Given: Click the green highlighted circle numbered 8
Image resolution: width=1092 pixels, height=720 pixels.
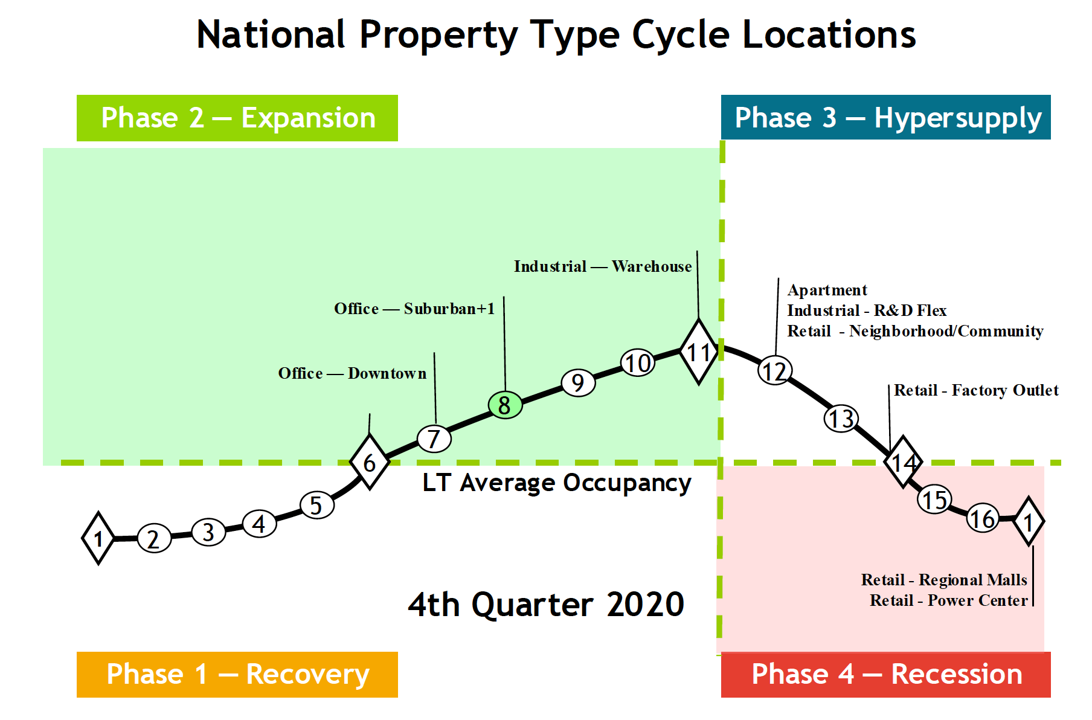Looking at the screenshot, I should tap(505, 405).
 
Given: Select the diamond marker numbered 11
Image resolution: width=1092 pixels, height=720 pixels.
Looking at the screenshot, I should tap(699, 352).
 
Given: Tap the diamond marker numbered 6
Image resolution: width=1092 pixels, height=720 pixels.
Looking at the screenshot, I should tap(370, 462).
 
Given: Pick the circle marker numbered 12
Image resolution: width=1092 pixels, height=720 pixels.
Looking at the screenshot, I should tap(775, 370).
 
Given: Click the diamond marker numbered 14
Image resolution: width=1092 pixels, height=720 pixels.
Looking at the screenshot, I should tap(903, 462).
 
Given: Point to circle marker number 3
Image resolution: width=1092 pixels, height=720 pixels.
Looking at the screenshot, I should tap(208, 532).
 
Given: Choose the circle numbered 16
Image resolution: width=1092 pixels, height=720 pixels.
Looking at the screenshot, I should tap(983, 518).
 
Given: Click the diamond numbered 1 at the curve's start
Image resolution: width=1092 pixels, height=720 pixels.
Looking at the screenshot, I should tap(98, 538).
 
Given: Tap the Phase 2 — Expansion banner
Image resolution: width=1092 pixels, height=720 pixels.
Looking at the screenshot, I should tap(237, 118).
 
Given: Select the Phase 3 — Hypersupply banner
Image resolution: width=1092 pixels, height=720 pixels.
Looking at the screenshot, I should tap(885, 117).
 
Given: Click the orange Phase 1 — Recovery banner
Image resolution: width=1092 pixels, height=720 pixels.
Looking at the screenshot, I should tap(237, 674).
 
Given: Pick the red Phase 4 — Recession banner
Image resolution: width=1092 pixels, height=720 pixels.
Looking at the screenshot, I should tap(885, 674).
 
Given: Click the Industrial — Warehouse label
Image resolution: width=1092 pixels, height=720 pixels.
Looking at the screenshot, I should tap(602, 266).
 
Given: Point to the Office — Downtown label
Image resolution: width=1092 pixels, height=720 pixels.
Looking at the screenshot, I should tap(352, 373).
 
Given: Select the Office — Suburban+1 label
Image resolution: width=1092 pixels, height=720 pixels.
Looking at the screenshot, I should tap(414, 309).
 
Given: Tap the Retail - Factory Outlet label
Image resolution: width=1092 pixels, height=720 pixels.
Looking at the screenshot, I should tap(975, 390).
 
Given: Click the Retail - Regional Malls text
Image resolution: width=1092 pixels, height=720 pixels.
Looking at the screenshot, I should tap(943, 580).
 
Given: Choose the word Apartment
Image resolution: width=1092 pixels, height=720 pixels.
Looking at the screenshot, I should tap(827, 290).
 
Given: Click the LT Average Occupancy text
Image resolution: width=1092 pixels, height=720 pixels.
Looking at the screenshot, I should tap(556, 483).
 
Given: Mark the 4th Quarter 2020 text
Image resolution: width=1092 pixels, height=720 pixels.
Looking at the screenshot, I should tap(546, 604).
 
